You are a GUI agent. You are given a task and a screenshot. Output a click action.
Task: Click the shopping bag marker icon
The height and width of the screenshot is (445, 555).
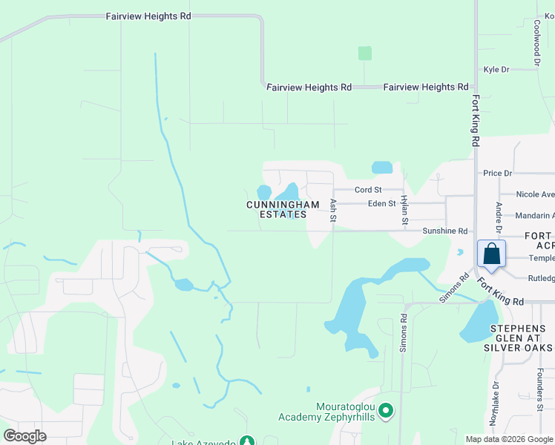click(x=491, y=254)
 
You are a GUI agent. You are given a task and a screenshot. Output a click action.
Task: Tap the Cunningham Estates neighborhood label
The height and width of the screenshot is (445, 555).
click(x=283, y=209)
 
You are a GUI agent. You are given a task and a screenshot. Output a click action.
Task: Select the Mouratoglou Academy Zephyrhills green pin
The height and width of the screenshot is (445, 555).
click(x=385, y=410)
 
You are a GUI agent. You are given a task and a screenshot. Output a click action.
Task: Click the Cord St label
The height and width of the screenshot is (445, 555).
click(x=367, y=191)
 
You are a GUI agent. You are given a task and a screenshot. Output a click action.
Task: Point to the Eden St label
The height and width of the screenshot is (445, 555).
click(x=382, y=203)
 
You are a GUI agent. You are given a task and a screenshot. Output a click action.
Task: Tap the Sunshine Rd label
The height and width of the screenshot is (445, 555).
click(x=444, y=231)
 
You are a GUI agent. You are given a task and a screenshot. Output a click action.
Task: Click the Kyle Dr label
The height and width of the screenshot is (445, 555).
click(x=496, y=70)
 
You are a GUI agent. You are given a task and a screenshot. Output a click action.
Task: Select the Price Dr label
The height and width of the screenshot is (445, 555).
click(x=497, y=174)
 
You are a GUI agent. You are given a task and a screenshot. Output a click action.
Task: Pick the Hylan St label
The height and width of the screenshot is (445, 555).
click(x=404, y=210)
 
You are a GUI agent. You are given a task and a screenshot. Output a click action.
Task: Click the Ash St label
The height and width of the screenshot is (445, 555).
click(x=333, y=210)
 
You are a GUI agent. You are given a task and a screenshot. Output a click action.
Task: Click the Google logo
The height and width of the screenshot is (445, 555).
click(x=24, y=435)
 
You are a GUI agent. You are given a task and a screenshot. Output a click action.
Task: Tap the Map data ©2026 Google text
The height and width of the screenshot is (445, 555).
click(x=510, y=439)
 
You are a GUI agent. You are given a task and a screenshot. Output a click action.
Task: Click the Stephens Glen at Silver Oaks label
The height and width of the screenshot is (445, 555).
click(x=518, y=337)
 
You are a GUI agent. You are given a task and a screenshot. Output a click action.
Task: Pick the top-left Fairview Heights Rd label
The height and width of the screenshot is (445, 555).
click(x=148, y=16)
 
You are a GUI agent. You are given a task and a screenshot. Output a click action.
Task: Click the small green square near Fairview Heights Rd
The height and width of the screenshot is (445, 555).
click(x=364, y=53)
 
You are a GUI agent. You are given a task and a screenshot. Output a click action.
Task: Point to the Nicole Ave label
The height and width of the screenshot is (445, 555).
click(x=535, y=194)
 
